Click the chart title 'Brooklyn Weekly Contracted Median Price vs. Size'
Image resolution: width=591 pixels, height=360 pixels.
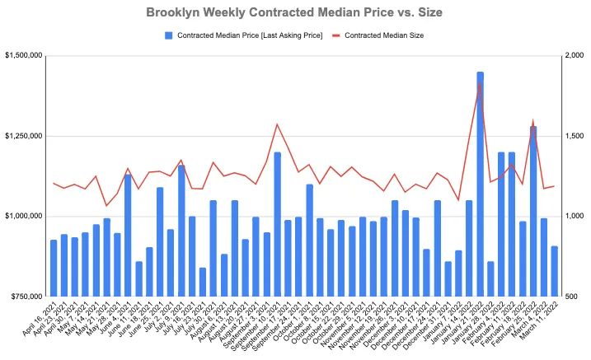pos(295,13)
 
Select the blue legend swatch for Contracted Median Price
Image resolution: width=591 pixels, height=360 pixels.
pos(169,35)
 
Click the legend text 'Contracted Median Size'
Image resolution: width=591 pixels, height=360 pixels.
pos(384,35)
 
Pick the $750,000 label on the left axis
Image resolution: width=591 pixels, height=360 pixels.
pos(26,296)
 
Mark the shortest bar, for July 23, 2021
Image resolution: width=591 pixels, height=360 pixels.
pos(203,282)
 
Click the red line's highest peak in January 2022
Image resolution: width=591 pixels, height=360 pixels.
pos(481,82)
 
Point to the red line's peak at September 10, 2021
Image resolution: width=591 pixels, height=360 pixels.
pos(278,124)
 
